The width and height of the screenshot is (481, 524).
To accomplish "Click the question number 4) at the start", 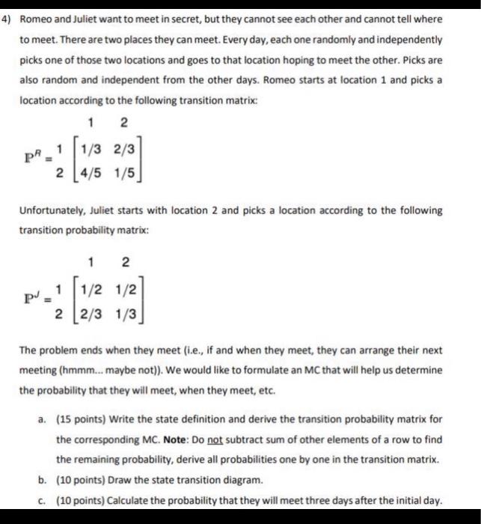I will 10,16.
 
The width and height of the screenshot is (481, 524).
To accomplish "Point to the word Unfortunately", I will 52,211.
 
